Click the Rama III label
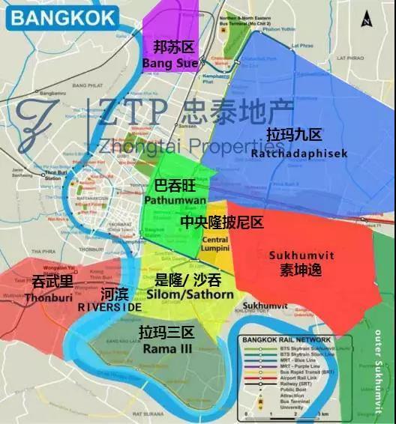tap(166, 342)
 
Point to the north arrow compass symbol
tap(364, 18)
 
